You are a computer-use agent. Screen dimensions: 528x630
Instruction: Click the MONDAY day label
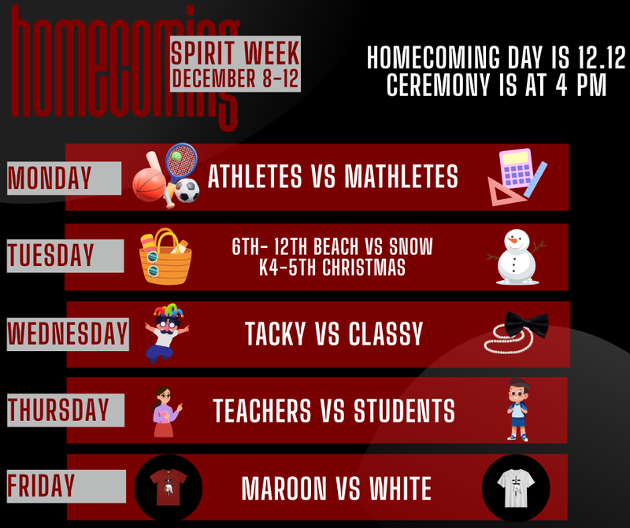click(x=50, y=179)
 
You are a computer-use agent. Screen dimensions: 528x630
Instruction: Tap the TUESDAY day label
click(x=51, y=256)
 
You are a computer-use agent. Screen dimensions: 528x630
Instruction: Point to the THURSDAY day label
click(x=58, y=410)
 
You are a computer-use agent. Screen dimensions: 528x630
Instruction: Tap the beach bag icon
click(x=164, y=256)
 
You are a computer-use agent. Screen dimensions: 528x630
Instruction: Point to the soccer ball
click(x=186, y=190)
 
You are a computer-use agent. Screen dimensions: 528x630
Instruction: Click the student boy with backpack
click(x=517, y=409)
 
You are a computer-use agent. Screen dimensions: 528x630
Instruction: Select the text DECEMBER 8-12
click(x=235, y=79)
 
